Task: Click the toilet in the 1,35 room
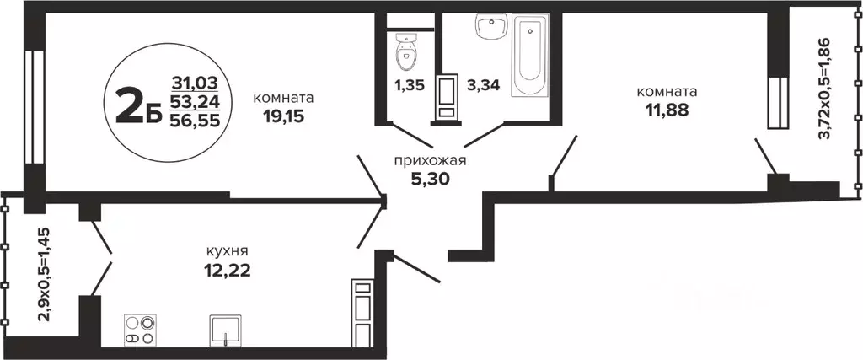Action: [x=406, y=53]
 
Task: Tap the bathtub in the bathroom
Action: [x=530, y=54]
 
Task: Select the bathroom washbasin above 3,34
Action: [x=489, y=28]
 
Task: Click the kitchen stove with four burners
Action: [x=140, y=329]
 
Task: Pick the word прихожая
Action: [x=431, y=160]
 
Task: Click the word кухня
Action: [x=228, y=251]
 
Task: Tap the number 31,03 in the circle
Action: [x=194, y=83]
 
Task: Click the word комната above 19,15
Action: [x=283, y=97]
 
